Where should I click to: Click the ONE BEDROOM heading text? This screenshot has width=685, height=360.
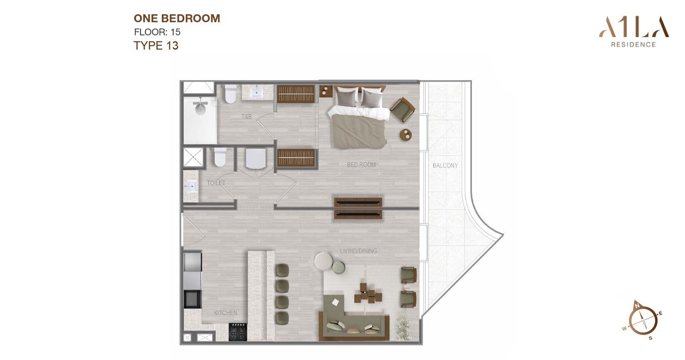(x=177, y=19)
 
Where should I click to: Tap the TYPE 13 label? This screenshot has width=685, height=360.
(x=156, y=46)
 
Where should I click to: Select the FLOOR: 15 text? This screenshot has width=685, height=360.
(x=157, y=32)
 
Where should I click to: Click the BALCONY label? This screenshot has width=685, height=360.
(x=445, y=166)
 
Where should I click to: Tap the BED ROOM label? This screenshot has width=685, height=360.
(x=361, y=164)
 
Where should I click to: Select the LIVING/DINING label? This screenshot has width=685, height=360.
(x=359, y=251)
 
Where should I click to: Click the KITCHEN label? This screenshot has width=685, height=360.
(x=226, y=313)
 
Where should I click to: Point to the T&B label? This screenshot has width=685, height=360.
(x=246, y=117)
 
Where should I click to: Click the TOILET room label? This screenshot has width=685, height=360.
(x=216, y=183)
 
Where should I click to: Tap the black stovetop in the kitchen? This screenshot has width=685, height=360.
(x=238, y=332)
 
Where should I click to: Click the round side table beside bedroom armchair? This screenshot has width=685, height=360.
(x=405, y=135)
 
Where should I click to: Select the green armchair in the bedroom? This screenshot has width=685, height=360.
(x=402, y=109)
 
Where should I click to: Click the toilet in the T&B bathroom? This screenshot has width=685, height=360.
(x=230, y=94)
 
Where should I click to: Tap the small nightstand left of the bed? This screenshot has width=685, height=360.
(x=326, y=91)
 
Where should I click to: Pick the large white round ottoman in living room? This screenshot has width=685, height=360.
(x=324, y=261)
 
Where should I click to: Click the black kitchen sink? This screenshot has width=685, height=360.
(x=192, y=299)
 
